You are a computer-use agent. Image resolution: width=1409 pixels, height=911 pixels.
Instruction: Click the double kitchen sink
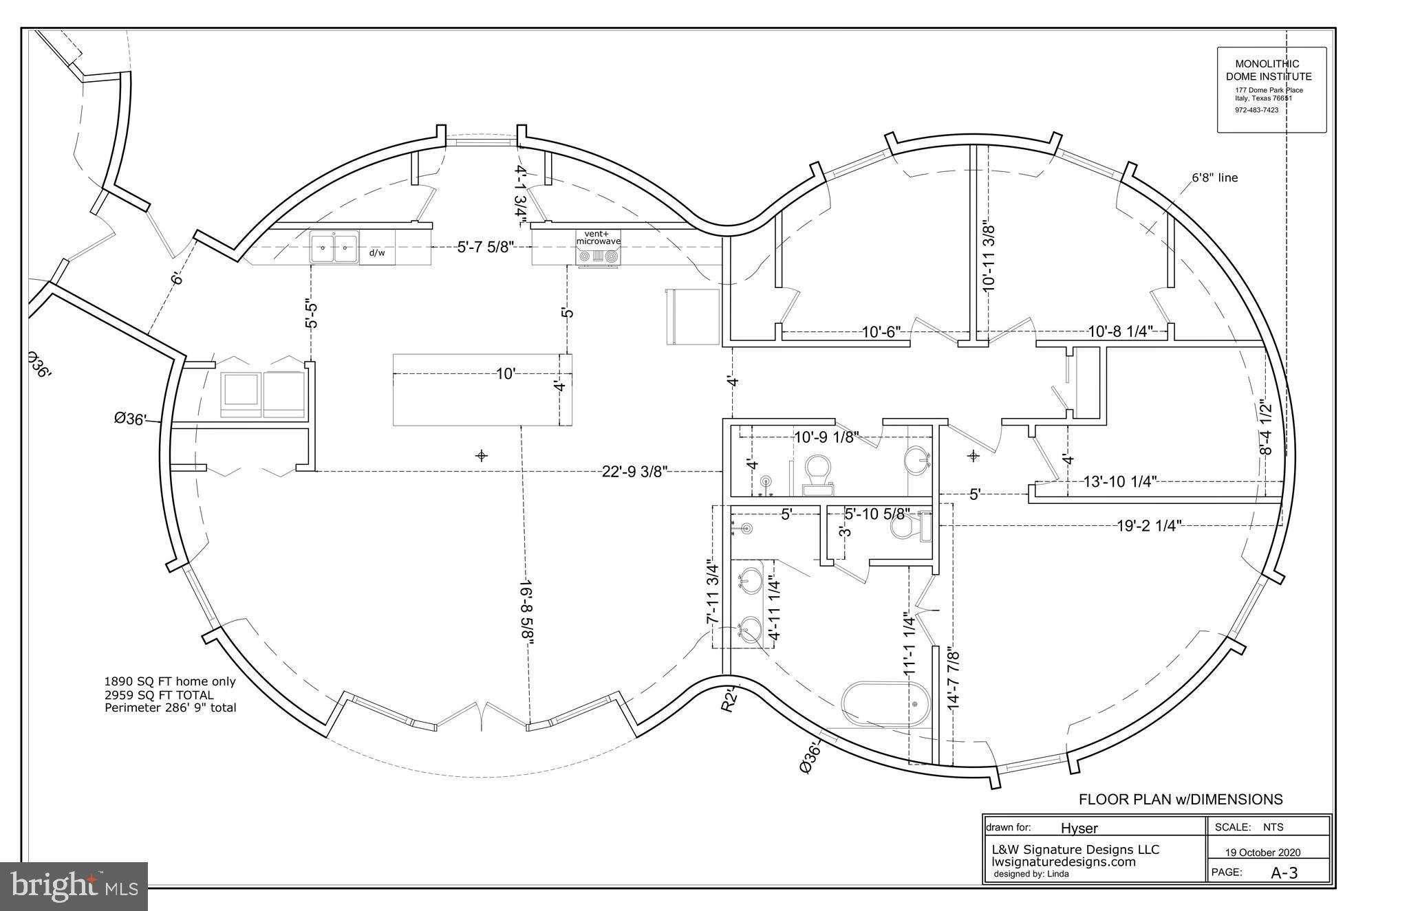pyautogui.click(x=334, y=248)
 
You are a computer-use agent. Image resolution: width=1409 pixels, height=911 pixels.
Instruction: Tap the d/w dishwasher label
pyautogui.click(x=377, y=253)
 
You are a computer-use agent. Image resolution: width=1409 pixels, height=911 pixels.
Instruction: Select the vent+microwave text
pyautogui.click(x=598, y=238)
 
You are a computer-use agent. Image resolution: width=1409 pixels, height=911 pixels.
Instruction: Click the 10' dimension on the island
pyautogui.click(x=506, y=374)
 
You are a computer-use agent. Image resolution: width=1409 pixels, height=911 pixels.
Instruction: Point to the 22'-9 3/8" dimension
pyautogui.click(x=634, y=471)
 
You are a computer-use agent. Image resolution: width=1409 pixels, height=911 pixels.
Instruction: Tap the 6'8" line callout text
pyautogui.click(x=1214, y=178)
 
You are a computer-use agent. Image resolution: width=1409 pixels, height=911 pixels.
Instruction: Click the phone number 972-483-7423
pyautogui.click(x=1256, y=110)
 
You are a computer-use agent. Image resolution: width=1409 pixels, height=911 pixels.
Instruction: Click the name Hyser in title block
pyautogui.click(x=1079, y=828)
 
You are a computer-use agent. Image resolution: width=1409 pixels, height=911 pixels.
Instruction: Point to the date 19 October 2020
pyautogui.click(x=1262, y=853)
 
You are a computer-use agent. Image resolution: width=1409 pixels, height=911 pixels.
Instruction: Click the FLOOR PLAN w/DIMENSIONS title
pyautogui.click(x=1180, y=800)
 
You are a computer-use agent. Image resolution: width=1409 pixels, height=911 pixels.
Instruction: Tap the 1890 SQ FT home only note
pyautogui.click(x=170, y=682)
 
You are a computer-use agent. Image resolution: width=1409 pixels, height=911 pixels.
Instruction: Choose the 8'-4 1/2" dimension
pyautogui.click(x=1265, y=427)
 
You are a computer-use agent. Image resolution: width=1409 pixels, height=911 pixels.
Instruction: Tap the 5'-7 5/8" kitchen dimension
pyautogui.click(x=486, y=247)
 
